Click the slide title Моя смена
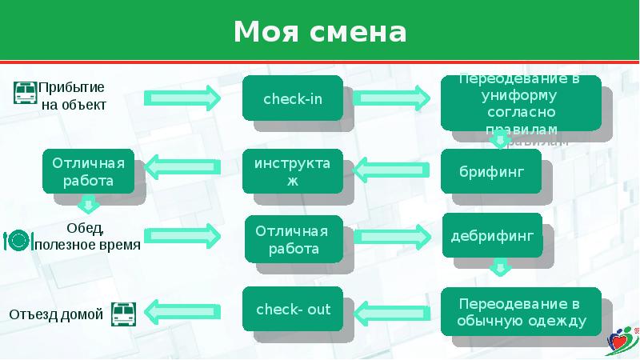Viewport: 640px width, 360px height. [320, 32]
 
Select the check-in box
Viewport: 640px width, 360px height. [293, 98]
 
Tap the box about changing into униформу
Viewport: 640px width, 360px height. [520, 102]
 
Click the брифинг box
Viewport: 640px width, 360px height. [491, 172]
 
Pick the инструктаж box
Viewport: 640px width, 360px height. [292, 172]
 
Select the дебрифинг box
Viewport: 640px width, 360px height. [491, 238]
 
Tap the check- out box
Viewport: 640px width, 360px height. [293, 310]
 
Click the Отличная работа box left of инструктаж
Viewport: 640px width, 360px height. [89, 172]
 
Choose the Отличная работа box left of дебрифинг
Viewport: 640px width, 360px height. [293, 240]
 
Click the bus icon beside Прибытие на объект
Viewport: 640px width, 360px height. [26, 93]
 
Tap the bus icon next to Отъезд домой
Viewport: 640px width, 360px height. [123, 314]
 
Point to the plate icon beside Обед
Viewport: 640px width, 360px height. [18, 238]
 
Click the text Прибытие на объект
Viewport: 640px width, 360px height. [73, 95]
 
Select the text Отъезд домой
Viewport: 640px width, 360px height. [56, 314]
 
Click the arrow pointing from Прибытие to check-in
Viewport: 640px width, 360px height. [182, 98]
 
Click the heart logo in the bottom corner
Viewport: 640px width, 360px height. [622, 340]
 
